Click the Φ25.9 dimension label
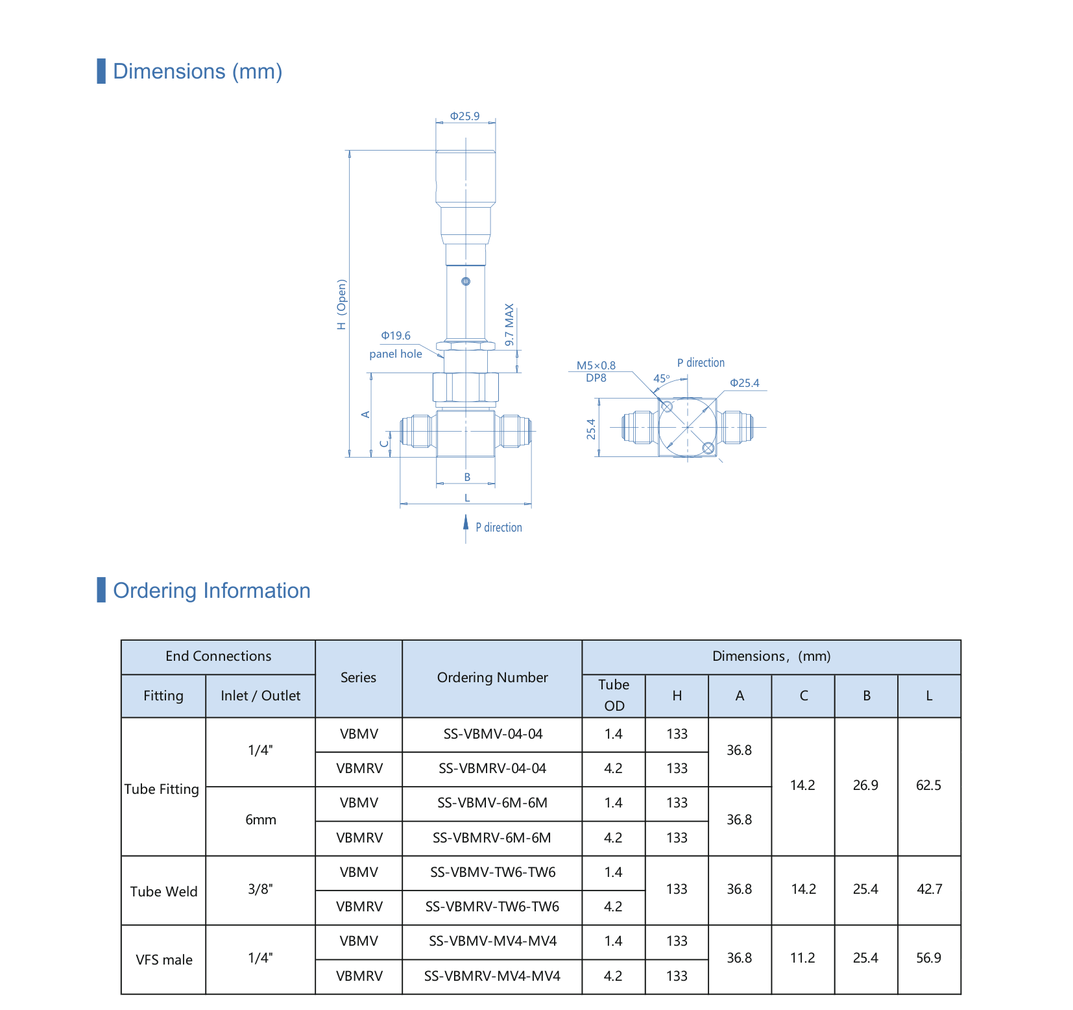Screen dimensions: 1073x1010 tap(465, 116)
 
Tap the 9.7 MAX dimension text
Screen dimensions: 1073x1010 tap(509, 325)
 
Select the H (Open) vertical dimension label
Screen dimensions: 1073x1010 tap(342, 304)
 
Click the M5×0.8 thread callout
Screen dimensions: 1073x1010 tap(596, 365)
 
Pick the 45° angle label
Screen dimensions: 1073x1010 tap(662, 378)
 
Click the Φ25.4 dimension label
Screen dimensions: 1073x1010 tap(745, 383)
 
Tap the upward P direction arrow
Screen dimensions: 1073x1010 tap(466, 529)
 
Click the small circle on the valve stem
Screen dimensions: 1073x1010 tap(466, 281)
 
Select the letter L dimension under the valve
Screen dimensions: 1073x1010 tap(467, 498)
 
